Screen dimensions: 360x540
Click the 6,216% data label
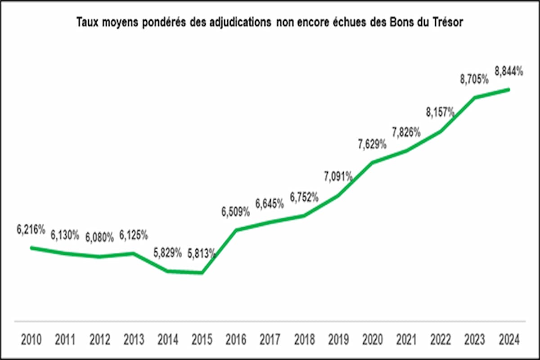[31, 229]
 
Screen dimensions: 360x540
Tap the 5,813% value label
[201, 254]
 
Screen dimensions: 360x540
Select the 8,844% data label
[509, 71]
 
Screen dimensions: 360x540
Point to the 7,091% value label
[338, 176]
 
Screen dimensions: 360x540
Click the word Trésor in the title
[447, 22]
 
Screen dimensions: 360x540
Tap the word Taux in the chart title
[88, 22]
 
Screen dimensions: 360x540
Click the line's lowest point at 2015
[202, 273]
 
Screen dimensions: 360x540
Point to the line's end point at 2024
[509, 89]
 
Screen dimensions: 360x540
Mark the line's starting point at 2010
[31, 247]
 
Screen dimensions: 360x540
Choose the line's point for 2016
[236, 230]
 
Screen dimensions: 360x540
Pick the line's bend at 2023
[475, 97]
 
